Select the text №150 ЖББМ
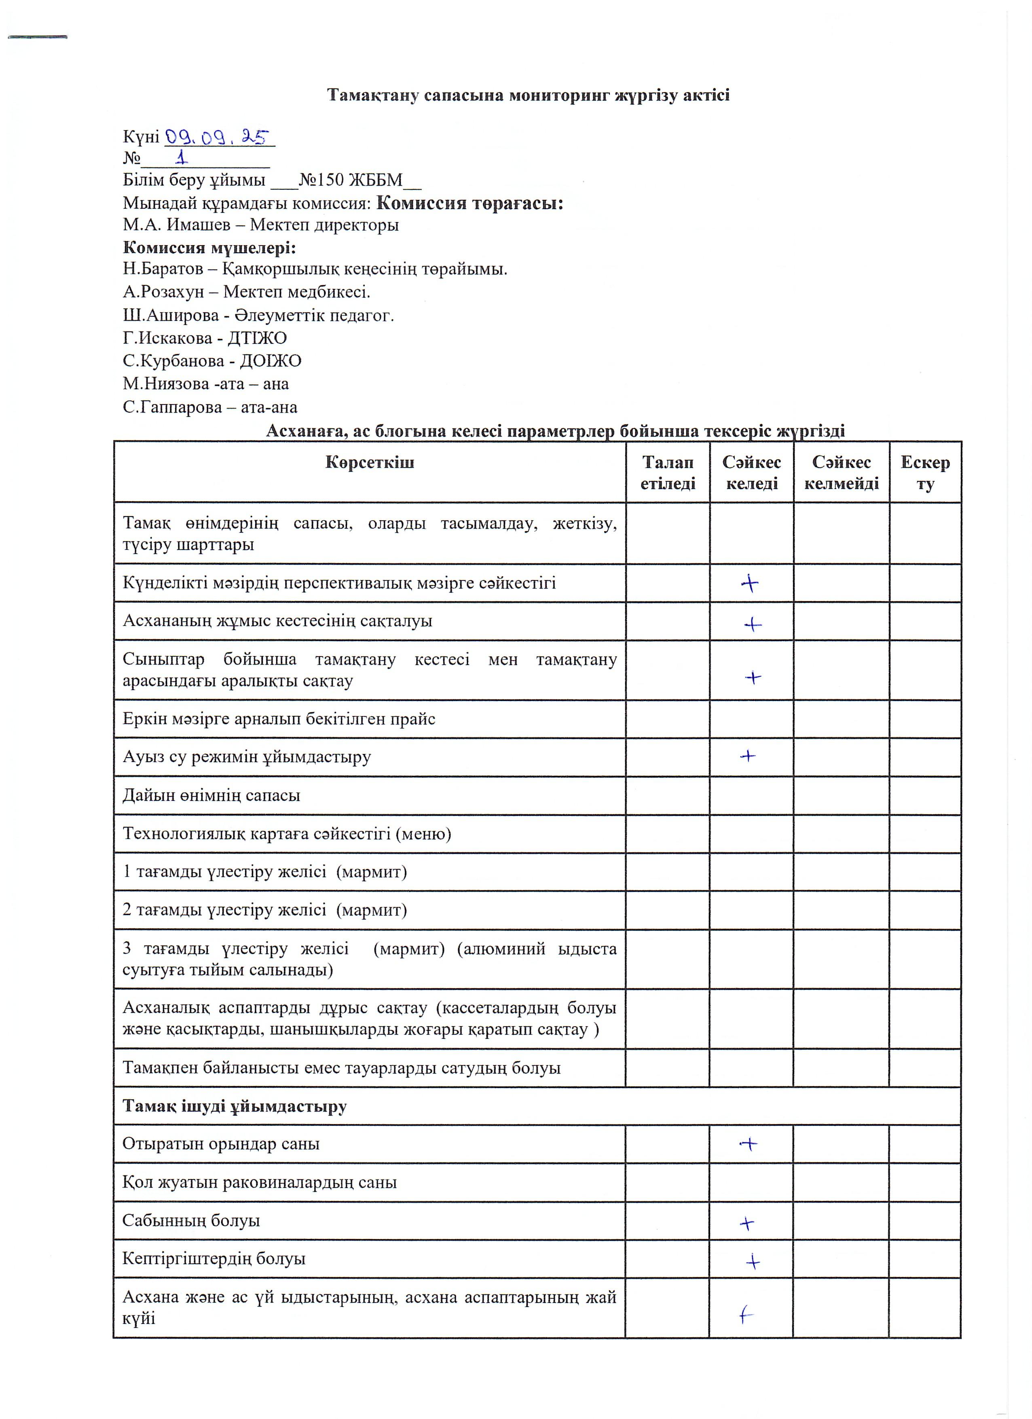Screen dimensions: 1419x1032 (x=350, y=180)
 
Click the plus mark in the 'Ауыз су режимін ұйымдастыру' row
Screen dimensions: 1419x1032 (x=747, y=756)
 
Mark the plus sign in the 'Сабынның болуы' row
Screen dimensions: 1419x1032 (x=747, y=1223)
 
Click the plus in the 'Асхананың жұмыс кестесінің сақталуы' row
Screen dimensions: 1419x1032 (x=753, y=624)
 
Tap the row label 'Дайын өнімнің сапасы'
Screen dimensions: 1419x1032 (x=211, y=795)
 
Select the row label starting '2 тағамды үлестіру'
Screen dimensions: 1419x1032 (x=264, y=910)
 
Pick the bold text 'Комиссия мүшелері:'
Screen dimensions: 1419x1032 (x=209, y=248)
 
